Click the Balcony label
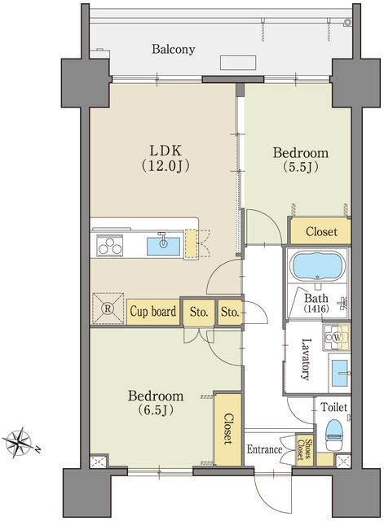(174, 49)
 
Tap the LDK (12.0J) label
(166, 158)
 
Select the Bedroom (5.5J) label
(301, 160)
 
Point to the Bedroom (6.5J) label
(156, 403)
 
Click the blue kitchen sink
(163, 246)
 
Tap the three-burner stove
(110, 246)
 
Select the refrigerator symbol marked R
(108, 308)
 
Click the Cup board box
(153, 311)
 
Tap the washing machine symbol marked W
(336, 338)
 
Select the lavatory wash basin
(339, 373)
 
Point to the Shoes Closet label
(304, 450)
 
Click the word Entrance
(264, 449)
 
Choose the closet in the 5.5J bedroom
(320, 231)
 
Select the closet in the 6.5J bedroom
(228, 429)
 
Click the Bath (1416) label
(316, 303)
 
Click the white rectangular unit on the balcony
(238, 63)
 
